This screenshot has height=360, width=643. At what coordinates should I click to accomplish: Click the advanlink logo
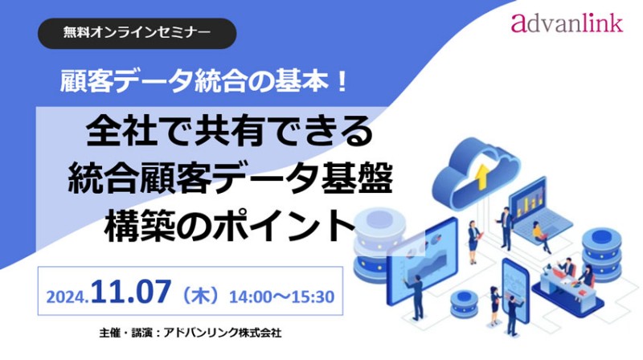pos(566,22)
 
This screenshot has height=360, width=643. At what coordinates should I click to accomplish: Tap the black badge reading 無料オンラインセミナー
pos(137,34)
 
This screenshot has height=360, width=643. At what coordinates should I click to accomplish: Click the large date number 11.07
pos(133,292)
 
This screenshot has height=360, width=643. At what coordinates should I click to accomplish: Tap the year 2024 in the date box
pos(69,296)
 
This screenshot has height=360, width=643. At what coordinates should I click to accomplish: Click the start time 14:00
pos(251,295)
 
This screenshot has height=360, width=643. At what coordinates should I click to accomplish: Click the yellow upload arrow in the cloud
pos(481,175)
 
